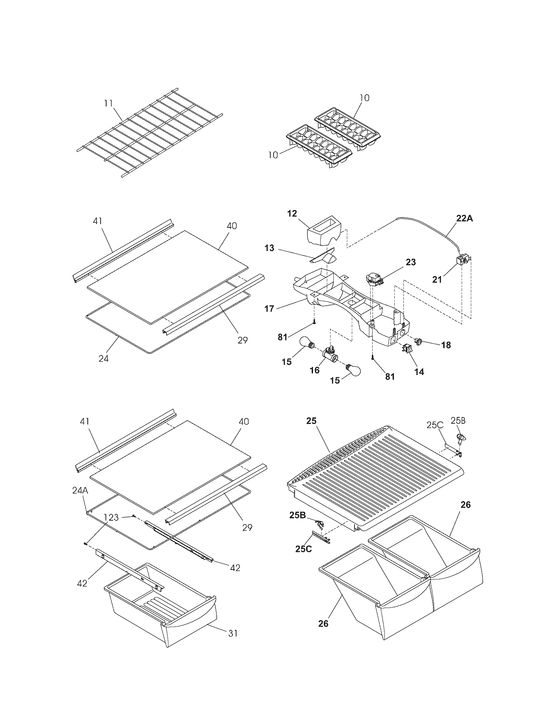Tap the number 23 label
[410, 262]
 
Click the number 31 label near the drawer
[233, 633]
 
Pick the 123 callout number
[111, 517]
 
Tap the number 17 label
[269, 309]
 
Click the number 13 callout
[270, 248]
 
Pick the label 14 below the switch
[419, 372]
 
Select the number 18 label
[446, 345]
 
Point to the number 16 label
[315, 370]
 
